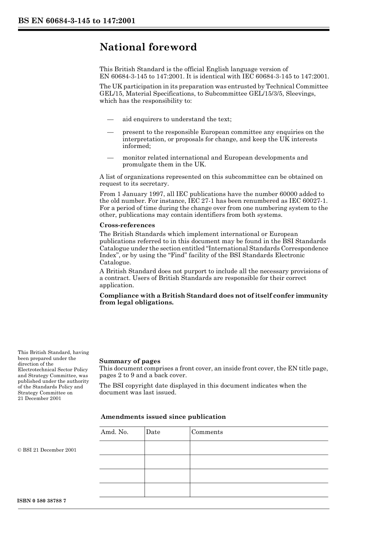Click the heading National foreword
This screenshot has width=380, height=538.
coord(148,47)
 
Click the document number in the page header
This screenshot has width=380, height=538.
coord(76,21)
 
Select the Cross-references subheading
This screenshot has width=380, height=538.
coord(127,225)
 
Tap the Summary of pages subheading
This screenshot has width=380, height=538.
coord(130,361)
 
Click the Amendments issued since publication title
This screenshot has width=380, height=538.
coord(163,417)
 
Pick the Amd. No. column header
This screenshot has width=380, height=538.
coord(114,432)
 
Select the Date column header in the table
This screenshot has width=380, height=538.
coord(153,432)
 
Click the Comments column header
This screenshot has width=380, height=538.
coord(207,432)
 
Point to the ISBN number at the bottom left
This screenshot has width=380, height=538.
coord(42,501)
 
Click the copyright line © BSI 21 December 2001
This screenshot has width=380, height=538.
coord(47,450)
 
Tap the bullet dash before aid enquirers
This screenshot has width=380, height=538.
coord(110,119)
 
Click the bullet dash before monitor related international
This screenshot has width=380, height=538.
coord(110,158)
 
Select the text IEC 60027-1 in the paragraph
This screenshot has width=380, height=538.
coord(310,201)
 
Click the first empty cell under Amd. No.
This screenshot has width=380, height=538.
coord(122,448)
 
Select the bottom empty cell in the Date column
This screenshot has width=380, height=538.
coord(167,490)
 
